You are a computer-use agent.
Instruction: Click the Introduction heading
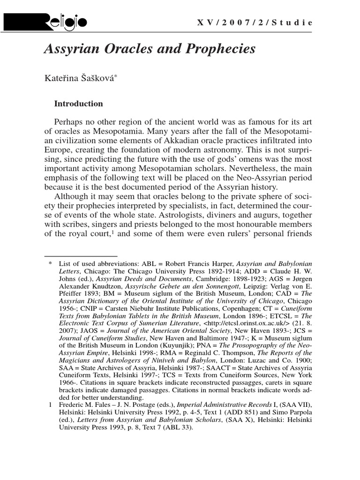tap(78, 104)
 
